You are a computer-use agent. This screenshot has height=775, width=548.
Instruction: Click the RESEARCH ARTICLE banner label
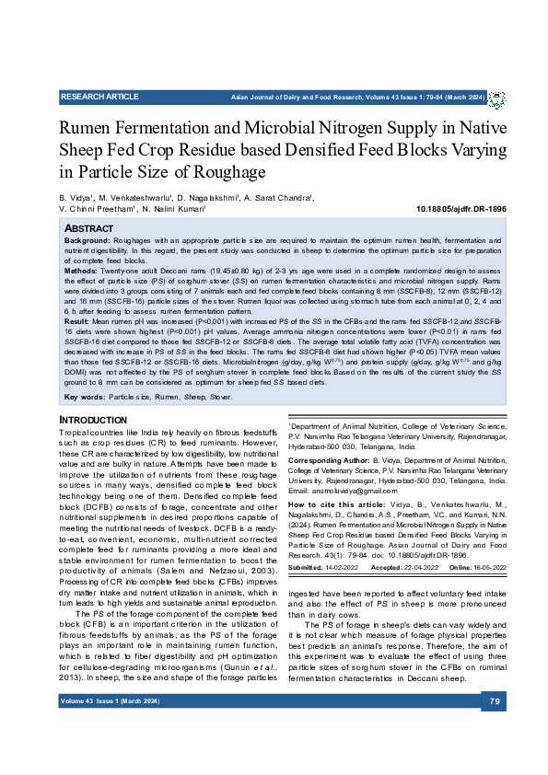[99, 97]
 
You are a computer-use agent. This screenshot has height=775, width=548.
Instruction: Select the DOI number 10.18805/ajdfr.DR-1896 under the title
[461, 209]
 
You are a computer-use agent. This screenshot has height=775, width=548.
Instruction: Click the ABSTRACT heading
[89, 227]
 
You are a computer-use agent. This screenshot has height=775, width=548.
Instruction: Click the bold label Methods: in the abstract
[82, 273]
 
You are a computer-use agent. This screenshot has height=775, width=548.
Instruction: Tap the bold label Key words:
[84, 397]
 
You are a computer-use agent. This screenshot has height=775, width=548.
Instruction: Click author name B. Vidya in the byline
[76, 197]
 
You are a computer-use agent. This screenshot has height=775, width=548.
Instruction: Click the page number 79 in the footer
[494, 728]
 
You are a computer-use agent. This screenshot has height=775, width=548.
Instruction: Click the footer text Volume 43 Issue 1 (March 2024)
[110, 728]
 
